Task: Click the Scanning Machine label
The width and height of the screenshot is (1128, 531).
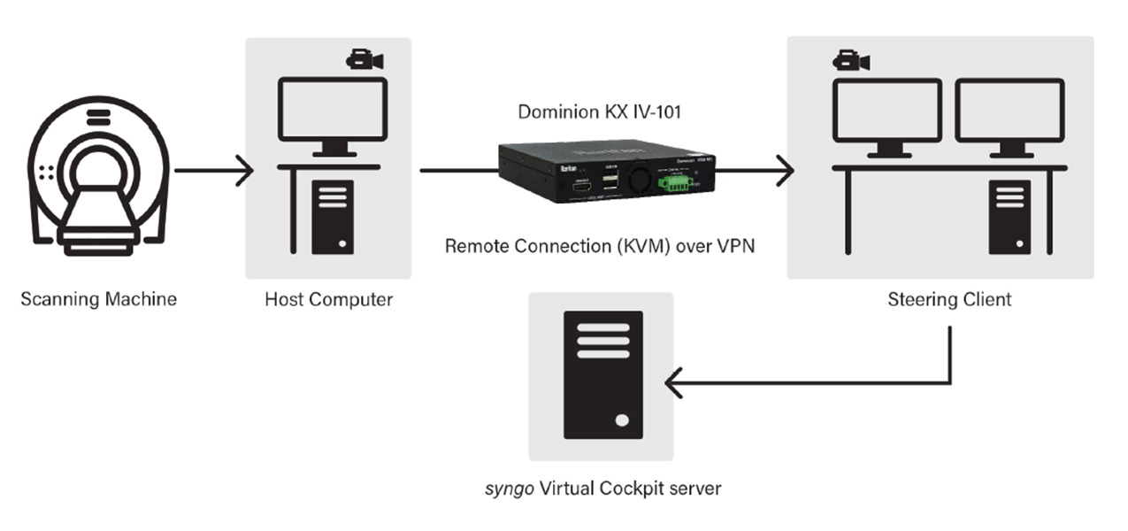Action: click(98, 299)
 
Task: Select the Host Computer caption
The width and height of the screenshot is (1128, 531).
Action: click(328, 299)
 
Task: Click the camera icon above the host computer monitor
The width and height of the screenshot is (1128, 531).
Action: click(364, 59)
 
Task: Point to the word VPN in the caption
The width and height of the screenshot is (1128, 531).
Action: click(736, 246)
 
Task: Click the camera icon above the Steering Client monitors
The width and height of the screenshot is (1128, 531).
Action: click(851, 60)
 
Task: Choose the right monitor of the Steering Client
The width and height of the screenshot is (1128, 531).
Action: click(1009, 110)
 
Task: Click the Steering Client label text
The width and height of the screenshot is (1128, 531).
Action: click(949, 299)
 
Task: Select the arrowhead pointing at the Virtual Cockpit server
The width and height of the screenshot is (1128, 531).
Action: click(674, 383)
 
